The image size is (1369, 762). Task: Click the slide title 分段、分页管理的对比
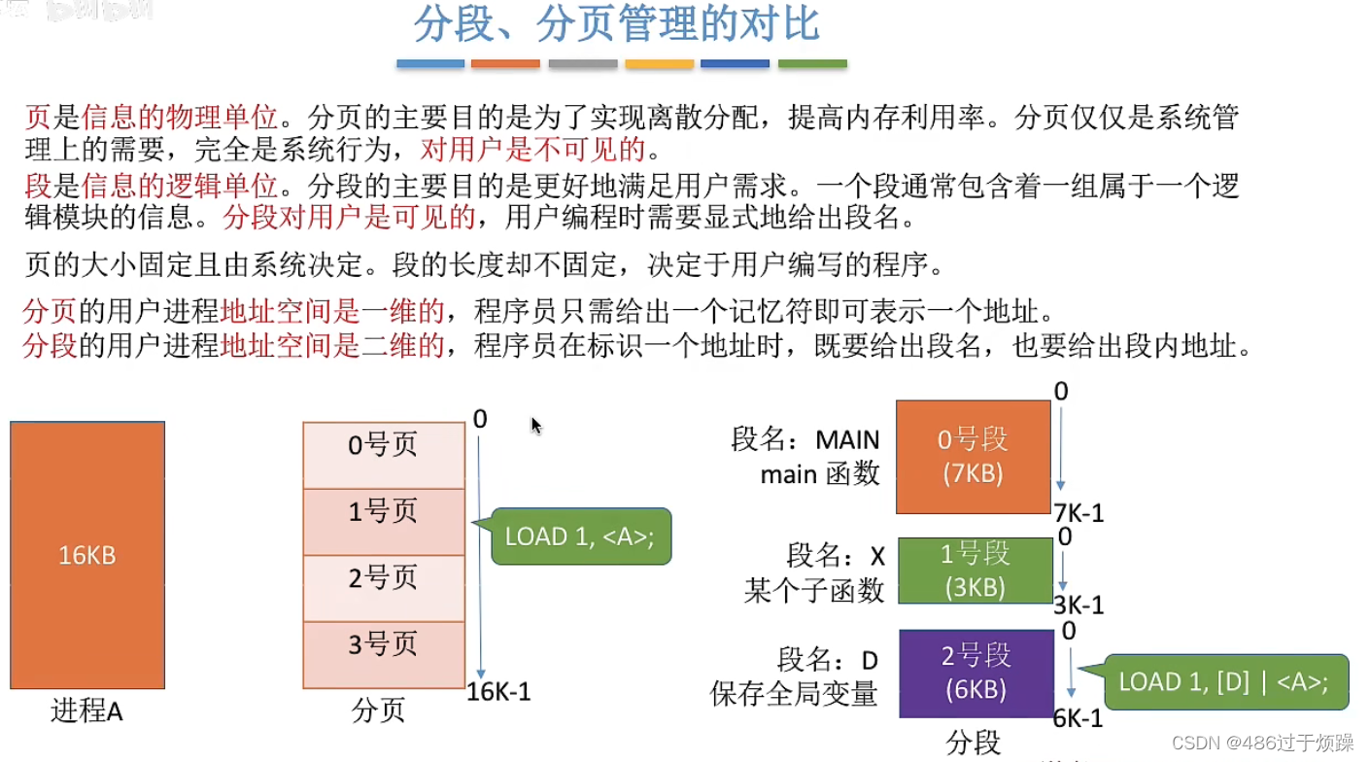(x=617, y=25)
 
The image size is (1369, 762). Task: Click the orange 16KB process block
(x=87, y=555)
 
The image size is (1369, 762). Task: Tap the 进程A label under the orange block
(x=87, y=711)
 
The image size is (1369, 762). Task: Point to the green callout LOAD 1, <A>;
(x=580, y=537)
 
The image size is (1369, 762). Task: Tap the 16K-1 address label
(x=498, y=692)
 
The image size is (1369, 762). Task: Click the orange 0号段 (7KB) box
(x=974, y=457)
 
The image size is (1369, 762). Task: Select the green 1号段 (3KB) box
(x=975, y=571)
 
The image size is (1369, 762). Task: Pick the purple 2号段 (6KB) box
(x=975, y=673)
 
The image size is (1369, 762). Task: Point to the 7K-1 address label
(x=1078, y=513)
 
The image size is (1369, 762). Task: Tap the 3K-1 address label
(x=1078, y=605)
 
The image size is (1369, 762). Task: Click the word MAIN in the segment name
(x=846, y=440)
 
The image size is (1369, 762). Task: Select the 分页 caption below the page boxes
(x=378, y=711)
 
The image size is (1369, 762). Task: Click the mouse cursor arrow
(x=535, y=425)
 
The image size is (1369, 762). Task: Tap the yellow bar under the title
(x=659, y=64)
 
